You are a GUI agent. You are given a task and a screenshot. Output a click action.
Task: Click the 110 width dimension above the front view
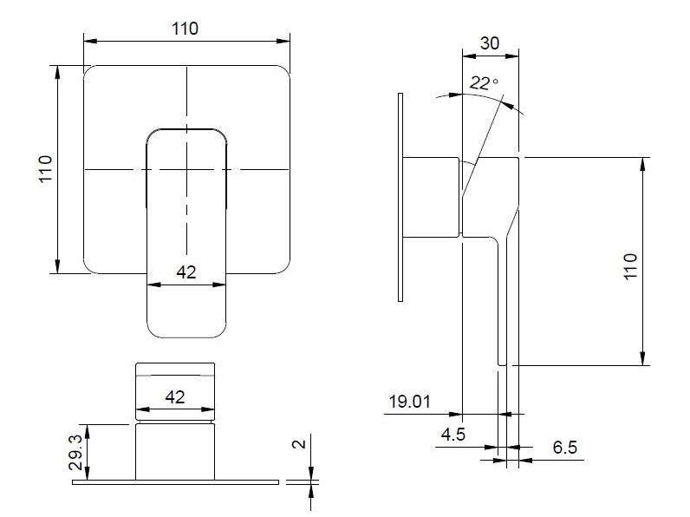[185, 29]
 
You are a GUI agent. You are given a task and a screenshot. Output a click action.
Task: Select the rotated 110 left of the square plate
[45, 168]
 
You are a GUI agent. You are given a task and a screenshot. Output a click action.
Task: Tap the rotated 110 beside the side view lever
[630, 266]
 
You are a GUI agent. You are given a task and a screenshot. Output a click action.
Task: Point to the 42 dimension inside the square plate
[186, 272]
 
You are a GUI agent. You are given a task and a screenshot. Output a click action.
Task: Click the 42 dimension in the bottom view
[175, 397]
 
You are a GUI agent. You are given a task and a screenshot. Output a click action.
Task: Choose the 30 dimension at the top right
[490, 43]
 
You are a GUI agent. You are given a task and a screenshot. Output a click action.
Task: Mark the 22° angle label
[484, 82]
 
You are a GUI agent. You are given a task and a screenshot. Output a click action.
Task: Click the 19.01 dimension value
[409, 402]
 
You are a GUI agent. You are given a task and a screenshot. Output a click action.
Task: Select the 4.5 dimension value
[453, 435]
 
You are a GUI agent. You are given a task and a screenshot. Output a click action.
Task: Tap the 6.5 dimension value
[565, 448]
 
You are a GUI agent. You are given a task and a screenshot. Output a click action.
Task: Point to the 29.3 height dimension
[75, 452]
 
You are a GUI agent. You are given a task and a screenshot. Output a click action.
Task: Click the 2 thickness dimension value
[299, 444]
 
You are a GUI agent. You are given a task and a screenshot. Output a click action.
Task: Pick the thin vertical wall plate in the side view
[400, 197]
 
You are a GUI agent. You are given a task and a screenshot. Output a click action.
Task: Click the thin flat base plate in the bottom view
[176, 482]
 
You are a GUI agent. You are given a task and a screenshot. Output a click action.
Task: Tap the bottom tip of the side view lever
[502, 364]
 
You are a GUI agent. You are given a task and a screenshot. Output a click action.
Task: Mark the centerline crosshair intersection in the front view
[186, 169]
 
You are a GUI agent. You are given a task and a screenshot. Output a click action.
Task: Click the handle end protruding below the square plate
[186, 305]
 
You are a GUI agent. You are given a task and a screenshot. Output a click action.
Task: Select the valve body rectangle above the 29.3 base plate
[175, 452]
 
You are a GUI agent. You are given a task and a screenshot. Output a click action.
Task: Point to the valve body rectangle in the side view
[432, 197]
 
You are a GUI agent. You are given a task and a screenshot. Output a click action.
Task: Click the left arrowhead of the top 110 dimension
[90, 42]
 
